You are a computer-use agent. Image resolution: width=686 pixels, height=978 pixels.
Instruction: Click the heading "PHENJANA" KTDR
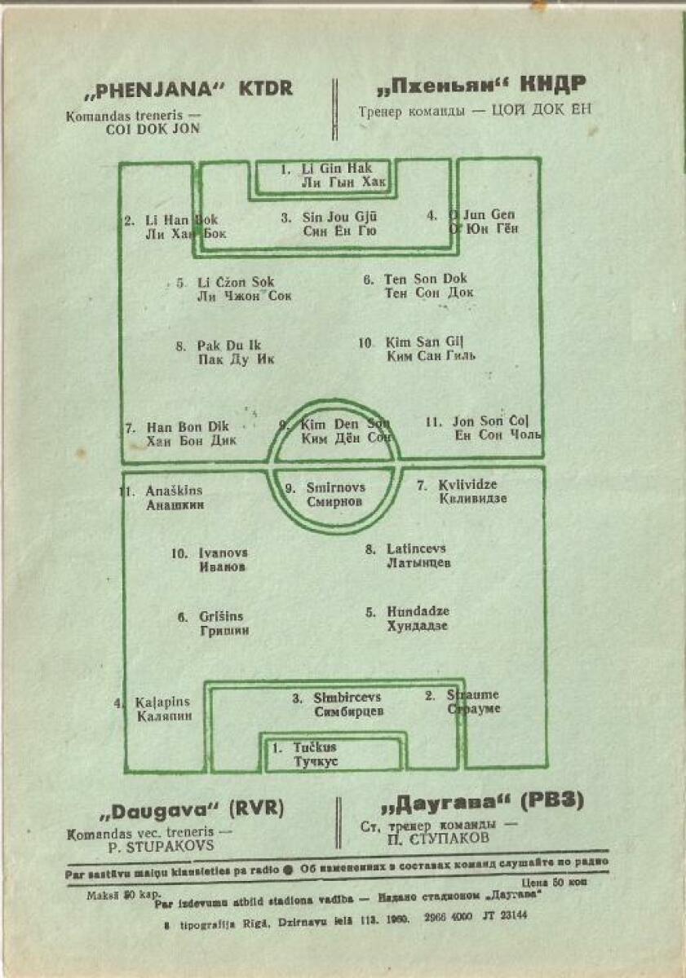(x=187, y=89)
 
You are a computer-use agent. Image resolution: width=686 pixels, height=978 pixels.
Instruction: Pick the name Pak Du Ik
(x=229, y=346)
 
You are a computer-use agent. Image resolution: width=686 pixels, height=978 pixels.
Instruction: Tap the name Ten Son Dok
(x=426, y=279)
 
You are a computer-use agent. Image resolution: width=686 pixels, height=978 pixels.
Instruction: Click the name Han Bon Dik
(x=188, y=426)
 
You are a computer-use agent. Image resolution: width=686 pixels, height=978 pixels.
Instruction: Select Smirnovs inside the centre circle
(x=336, y=488)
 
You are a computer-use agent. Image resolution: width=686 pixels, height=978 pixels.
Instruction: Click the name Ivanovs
(x=224, y=553)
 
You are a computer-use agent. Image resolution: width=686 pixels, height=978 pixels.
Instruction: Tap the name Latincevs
(x=417, y=549)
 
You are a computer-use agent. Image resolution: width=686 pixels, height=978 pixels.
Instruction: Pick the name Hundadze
(x=418, y=612)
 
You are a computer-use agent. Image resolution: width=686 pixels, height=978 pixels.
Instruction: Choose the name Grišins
(x=221, y=617)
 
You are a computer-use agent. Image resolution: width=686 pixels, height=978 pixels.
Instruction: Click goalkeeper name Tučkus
(x=315, y=747)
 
